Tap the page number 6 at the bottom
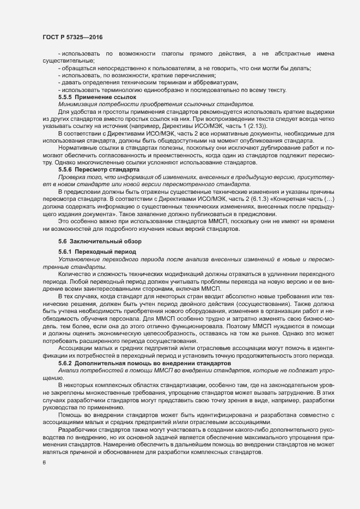44,464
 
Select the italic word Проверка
73,177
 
